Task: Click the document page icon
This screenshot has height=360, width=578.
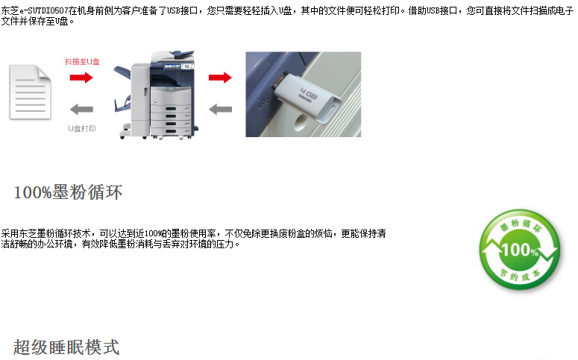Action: click(x=30, y=92)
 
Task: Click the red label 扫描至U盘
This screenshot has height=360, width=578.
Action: click(x=82, y=62)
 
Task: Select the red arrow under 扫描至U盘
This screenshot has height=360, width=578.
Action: click(x=81, y=78)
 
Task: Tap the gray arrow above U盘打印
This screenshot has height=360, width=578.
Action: click(x=81, y=110)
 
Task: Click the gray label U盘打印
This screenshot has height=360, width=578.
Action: click(x=82, y=128)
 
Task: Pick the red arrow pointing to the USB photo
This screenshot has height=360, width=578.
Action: click(x=220, y=78)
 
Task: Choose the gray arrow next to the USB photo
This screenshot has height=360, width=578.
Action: click(x=220, y=110)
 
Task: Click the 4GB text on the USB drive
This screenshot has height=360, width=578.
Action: click(x=308, y=94)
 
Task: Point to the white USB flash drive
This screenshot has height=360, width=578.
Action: click(x=307, y=99)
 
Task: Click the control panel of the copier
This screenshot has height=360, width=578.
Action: click(x=178, y=66)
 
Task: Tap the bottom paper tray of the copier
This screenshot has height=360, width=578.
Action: click(x=171, y=131)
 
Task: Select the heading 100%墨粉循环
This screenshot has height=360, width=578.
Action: click(x=68, y=192)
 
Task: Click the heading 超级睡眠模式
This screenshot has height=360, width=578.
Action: click(x=66, y=347)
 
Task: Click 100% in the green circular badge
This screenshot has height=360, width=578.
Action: click(x=520, y=250)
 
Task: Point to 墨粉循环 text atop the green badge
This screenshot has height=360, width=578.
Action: click(x=521, y=225)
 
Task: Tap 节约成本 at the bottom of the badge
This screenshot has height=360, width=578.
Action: click(x=520, y=275)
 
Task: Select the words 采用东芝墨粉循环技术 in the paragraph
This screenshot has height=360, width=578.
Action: click(x=46, y=233)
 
